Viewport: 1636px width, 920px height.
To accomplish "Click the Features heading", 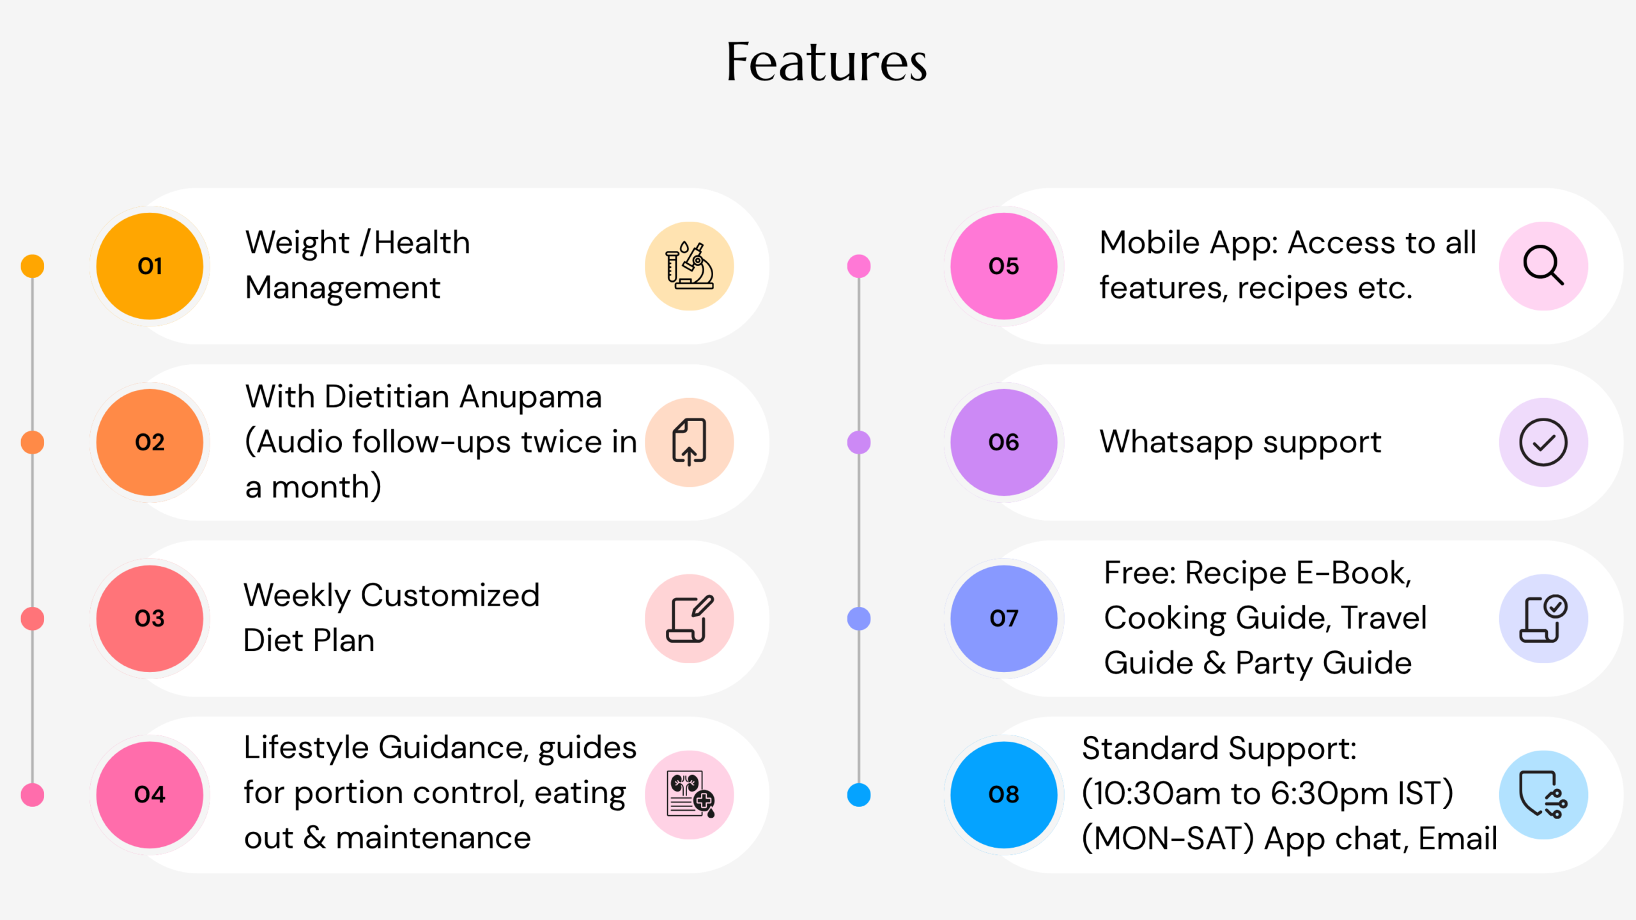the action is pyautogui.click(x=826, y=63).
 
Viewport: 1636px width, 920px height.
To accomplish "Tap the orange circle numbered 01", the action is pyautogui.click(x=150, y=266).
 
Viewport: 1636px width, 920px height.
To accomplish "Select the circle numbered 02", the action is pyautogui.click(x=150, y=442).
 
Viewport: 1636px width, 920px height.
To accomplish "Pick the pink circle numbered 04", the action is pyautogui.click(x=150, y=795).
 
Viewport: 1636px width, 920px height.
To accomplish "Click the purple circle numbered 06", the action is pyautogui.click(x=1004, y=442).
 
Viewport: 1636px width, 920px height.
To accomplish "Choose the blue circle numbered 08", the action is pyautogui.click(x=1004, y=795).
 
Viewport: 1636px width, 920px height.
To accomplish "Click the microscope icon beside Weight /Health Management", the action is pyautogui.click(x=689, y=266).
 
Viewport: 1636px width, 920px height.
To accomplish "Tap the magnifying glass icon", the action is pyautogui.click(x=1543, y=265).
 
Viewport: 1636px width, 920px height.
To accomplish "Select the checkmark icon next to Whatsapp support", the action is pyautogui.click(x=1543, y=442).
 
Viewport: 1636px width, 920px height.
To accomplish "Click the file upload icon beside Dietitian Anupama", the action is pyautogui.click(x=689, y=442).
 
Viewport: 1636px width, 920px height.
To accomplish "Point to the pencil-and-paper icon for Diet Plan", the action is pyautogui.click(x=690, y=618).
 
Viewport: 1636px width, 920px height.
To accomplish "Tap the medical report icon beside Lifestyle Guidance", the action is pyautogui.click(x=690, y=795).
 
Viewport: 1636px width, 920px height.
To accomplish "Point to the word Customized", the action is pyautogui.click(x=451, y=595).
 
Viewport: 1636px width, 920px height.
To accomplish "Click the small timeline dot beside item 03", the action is pyautogui.click(x=33, y=618).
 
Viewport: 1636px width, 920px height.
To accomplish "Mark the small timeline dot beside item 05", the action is pyautogui.click(x=859, y=266).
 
